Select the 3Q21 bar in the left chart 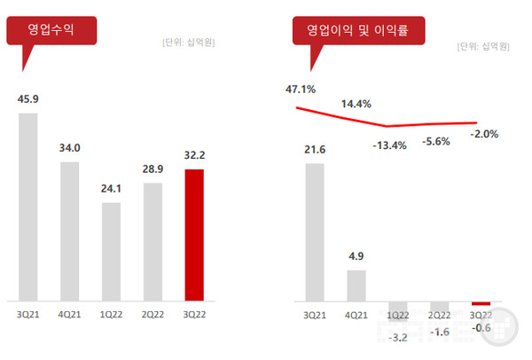(28, 206)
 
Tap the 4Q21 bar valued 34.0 (70, 231)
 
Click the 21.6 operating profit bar (315, 231)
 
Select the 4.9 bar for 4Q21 (356, 285)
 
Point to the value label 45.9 (28, 99)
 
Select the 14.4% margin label (356, 105)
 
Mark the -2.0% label (484, 134)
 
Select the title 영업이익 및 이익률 (359, 30)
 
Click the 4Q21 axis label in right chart (356, 313)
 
